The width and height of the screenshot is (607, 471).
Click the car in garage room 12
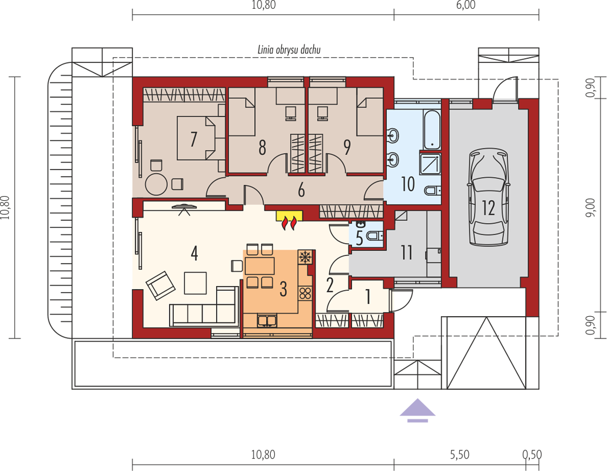coord(489,198)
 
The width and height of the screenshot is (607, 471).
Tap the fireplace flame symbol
coord(290,223)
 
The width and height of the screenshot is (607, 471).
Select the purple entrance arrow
coord(417,410)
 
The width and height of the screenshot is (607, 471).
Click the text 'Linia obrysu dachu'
coord(289,49)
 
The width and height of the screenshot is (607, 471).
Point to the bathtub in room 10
coord(432,131)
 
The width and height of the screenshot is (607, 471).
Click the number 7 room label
coord(194,139)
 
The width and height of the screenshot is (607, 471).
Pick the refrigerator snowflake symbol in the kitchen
coord(305,257)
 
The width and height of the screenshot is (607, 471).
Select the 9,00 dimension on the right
coord(591,207)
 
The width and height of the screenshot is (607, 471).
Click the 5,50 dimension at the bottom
coord(460,455)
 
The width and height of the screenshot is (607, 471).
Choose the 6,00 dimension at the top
coord(466,5)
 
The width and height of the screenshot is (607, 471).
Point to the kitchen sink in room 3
coord(267,320)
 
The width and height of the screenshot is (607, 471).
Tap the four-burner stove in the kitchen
coord(305,293)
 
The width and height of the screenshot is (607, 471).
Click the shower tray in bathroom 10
coord(430,164)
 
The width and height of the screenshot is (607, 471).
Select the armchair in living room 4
coord(160,286)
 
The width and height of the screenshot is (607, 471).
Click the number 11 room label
coord(407,253)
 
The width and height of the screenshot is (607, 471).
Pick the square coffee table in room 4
coord(195,283)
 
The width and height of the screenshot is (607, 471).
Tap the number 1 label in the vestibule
coord(368,297)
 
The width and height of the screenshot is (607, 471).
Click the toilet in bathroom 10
coord(433,190)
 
